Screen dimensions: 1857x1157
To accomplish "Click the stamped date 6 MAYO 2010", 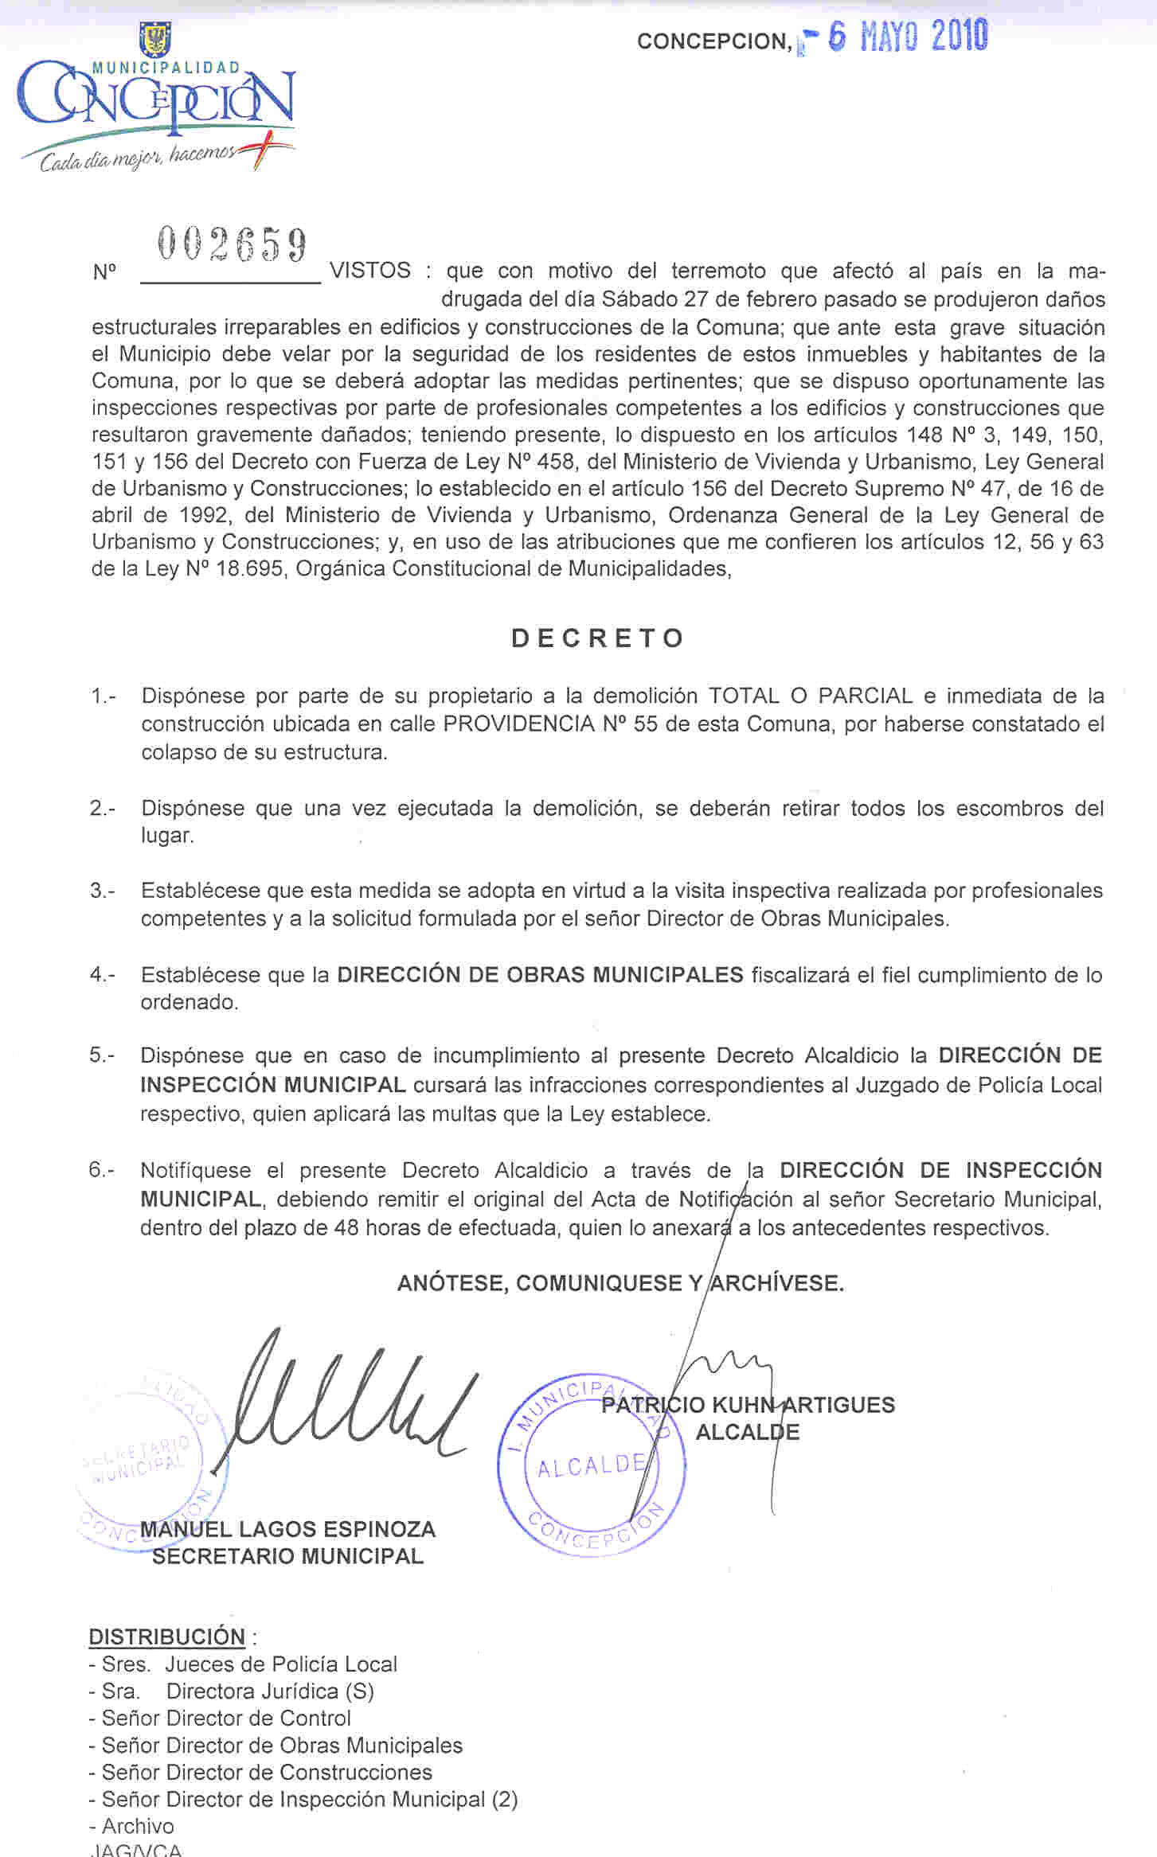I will [x=907, y=37].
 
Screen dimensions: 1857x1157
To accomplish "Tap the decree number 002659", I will [x=232, y=244].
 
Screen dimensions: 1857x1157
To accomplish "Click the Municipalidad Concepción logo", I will [x=156, y=99].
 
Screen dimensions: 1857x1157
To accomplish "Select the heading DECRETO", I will [x=598, y=638].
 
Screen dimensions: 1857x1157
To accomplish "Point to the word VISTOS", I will [x=370, y=271].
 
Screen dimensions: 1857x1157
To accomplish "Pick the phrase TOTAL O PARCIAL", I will [x=811, y=696].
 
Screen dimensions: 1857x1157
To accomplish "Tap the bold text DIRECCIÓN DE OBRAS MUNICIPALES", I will [x=540, y=974].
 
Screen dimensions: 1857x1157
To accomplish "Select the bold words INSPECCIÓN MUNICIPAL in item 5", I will [x=273, y=1084].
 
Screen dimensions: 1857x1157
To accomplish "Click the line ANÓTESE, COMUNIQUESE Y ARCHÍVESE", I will [x=620, y=1282].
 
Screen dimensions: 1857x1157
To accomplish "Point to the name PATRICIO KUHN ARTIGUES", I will [x=748, y=1405].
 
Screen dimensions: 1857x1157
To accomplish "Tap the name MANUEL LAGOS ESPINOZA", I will [x=287, y=1529].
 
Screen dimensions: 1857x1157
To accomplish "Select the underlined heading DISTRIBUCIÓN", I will [x=167, y=1637].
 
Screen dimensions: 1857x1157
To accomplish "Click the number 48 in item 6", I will [x=346, y=1227].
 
